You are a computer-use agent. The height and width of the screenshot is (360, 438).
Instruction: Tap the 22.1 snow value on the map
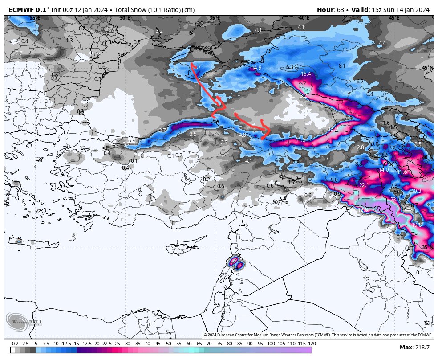click(x=364, y=185)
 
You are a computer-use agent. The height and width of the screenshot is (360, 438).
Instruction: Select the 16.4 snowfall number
click(x=306, y=74)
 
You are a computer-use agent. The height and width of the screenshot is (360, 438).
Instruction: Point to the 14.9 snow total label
click(x=256, y=68)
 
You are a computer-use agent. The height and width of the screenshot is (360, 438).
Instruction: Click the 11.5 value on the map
click(x=300, y=140)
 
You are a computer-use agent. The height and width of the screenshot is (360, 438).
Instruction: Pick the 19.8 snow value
click(x=417, y=225)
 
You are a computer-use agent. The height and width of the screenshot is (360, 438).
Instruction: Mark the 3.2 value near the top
click(x=159, y=31)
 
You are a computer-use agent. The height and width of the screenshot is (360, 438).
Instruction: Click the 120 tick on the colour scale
click(x=312, y=344)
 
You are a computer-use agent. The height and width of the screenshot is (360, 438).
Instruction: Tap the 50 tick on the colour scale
click(x=168, y=344)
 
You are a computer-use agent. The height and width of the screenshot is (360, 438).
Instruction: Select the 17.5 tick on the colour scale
click(x=87, y=344)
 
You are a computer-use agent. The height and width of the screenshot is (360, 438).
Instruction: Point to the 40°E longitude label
click(x=304, y=18)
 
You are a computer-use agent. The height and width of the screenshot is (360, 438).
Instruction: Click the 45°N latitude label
click(x=427, y=68)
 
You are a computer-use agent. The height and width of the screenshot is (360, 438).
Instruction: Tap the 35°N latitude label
click(x=427, y=247)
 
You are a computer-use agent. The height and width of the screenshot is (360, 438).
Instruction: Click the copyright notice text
click(x=318, y=335)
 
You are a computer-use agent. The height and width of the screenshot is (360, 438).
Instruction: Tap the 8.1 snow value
click(x=342, y=66)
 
